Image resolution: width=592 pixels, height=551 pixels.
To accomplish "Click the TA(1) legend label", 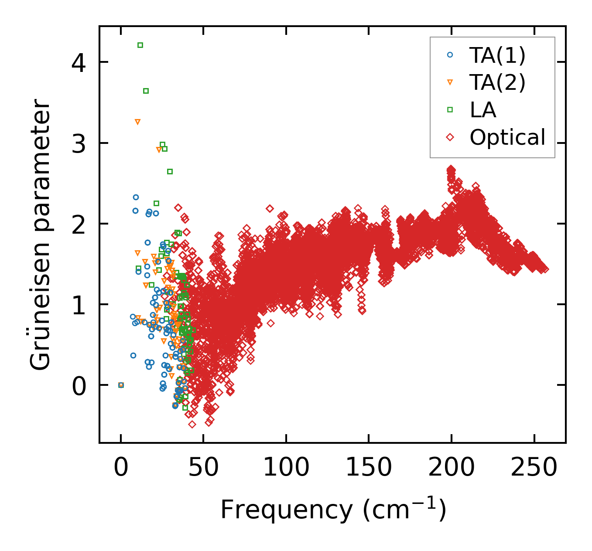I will point(497,55).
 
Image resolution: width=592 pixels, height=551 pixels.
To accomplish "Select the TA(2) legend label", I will point(497,82).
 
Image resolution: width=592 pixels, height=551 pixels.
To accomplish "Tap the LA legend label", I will point(483,110).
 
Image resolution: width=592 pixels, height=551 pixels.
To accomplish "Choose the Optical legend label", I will point(507,137).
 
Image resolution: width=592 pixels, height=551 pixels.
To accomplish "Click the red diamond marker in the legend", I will point(450,137).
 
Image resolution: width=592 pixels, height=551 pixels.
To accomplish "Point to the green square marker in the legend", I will point(450,110).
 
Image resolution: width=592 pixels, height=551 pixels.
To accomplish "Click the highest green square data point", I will point(140,45).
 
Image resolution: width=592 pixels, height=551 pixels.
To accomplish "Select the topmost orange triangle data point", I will point(137,122).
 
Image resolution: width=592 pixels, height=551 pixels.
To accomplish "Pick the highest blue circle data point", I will point(136,197).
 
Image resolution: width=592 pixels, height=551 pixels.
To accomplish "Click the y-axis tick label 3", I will point(79,143).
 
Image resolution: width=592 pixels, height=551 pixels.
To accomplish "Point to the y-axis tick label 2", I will point(79,224).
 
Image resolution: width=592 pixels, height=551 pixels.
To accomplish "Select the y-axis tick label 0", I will point(79,385).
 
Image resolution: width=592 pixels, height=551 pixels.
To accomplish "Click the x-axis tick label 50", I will point(203,468).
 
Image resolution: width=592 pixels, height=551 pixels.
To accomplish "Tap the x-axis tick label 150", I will point(369,468).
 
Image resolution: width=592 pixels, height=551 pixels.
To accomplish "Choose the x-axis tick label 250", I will point(534,468).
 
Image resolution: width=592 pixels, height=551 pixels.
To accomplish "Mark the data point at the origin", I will point(121,385).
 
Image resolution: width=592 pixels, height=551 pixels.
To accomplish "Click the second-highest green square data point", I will point(146,91).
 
